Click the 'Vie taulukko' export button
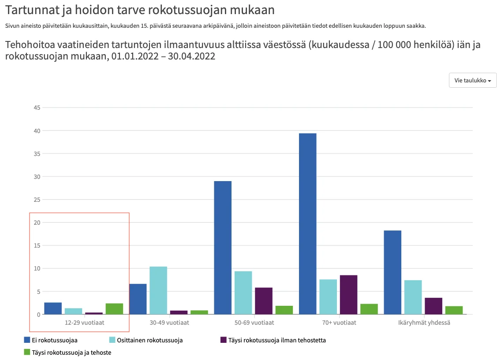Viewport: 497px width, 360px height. pos(473,80)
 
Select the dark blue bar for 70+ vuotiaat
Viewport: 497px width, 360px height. pos(307,223)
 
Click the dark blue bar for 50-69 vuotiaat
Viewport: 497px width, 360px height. pos(223,247)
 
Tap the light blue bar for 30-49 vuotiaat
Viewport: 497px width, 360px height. pos(158,290)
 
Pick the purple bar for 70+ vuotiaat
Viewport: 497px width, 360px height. pos(348,294)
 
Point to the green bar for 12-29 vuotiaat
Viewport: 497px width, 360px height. pos(114,308)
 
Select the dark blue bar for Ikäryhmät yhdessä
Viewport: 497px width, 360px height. pos(392,272)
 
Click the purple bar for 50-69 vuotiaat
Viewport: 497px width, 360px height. pos(264,301)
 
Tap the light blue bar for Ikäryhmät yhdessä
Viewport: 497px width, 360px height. pos(413,297)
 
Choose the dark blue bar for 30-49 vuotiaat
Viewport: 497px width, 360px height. pos(138,299)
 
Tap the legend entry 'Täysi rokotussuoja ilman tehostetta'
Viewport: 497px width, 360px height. pos(277,340)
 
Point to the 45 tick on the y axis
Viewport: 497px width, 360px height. pos(37,108)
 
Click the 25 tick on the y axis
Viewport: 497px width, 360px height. pos(37,200)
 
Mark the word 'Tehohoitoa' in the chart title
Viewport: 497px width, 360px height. pos(28,45)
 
